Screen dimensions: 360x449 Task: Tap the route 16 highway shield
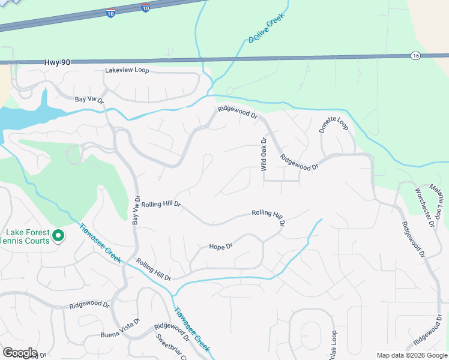click(x=415, y=56)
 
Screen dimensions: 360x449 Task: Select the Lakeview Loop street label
click(x=127, y=70)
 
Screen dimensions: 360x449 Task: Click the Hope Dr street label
click(x=220, y=247)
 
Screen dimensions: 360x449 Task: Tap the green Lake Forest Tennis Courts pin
click(x=58, y=236)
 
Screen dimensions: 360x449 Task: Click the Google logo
click(x=20, y=353)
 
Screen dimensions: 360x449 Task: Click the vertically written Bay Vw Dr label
click(x=136, y=211)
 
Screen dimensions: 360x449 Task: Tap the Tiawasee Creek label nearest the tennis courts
click(x=100, y=244)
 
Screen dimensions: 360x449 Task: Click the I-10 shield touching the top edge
click(x=146, y=7)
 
